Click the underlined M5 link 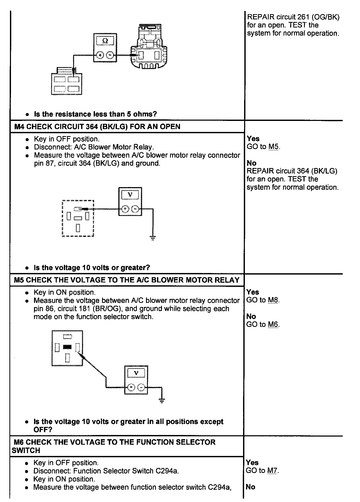coord(273,147)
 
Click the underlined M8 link coord(273,300)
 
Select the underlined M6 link coord(273,325)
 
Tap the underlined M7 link coord(272,471)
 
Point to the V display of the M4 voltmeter coord(130,195)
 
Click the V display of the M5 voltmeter coord(136,373)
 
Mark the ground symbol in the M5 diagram coord(162,400)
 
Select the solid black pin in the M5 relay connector coord(67,347)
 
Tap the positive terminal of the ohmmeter coord(100,55)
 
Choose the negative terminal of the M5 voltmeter coord(141,387)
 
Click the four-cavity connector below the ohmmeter coord(66,84)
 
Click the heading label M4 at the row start coord(19,127)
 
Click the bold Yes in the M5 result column coord(252,292)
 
